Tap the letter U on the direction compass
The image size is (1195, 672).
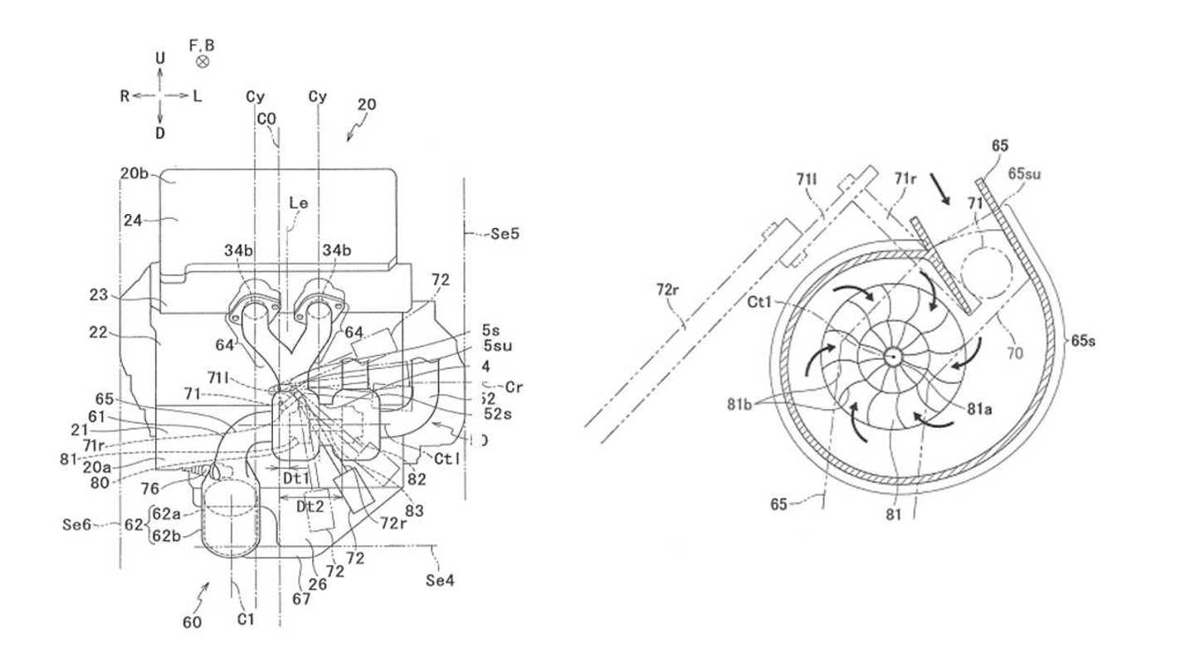pos(160,58)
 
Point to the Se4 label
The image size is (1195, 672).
pos(440,580)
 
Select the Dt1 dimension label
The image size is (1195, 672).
pos(296,478)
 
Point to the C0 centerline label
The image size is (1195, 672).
pos(266,119)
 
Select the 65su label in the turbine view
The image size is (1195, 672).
pos(1024,174)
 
